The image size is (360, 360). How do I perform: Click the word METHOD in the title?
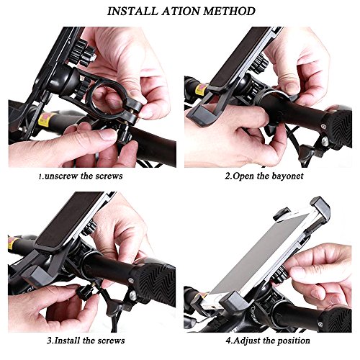tap(229, 12)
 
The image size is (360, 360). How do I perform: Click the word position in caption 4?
tap(293, 341)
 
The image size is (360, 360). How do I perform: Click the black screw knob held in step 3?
tap(82, 292)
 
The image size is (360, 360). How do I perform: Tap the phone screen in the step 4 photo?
tap(261, 254)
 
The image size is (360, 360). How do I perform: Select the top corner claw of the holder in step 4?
tap(320, 209)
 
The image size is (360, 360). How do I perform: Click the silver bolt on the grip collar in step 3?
tap(130, 280)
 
